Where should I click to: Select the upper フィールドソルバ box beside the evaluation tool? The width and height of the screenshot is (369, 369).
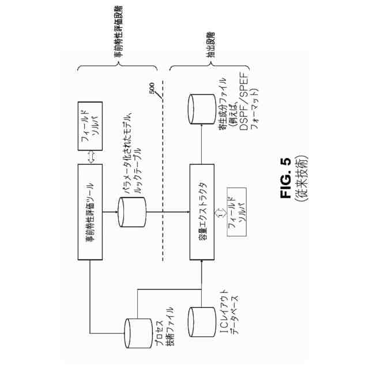pyautogui.click(x=89, y=126)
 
